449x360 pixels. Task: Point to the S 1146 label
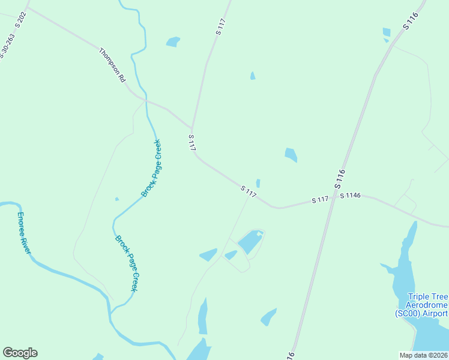tap(350, 196)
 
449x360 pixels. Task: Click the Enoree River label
tap(23, 232)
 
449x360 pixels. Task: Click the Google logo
tap(20, 353)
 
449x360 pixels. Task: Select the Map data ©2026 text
tap(424, 355)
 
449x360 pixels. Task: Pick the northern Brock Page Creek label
tap(151, 168)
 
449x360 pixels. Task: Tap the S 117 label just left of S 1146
tap(320, 199)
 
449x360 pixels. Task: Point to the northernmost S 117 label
tap(220, 27)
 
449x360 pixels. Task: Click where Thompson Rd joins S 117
tap(191, 128)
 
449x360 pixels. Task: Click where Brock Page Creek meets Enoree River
tap(111, 314)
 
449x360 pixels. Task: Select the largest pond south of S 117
tap(250, 242)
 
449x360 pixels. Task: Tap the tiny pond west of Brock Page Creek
tap(116, 199)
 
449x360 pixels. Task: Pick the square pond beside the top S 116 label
tap(387, 32)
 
